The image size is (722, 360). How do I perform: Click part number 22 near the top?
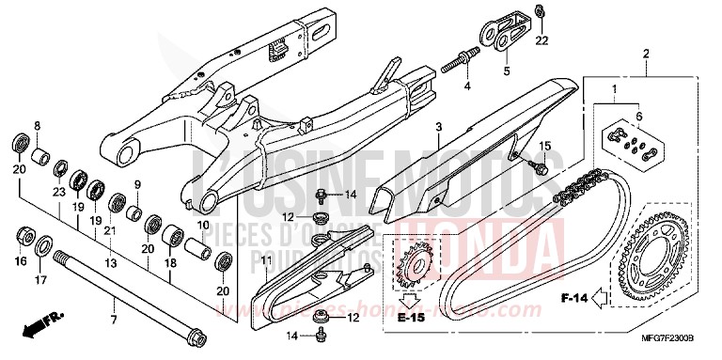[x=541, y=41]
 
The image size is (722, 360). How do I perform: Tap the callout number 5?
[x=506, y=70]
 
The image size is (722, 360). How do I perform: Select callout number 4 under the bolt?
[x=464, y=87]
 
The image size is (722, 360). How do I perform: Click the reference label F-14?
[x=575, y=299]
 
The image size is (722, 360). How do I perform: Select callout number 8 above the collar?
[x=38, y=125]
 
